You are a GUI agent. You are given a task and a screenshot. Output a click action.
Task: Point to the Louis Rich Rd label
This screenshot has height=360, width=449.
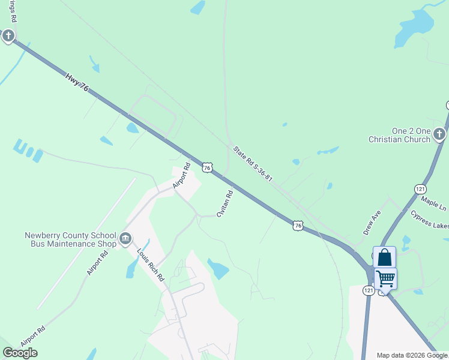(149, 265)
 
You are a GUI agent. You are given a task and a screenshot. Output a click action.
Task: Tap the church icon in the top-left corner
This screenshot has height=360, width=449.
(8, 37)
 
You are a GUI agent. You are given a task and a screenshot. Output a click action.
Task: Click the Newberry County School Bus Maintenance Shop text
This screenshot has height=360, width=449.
(70, 240)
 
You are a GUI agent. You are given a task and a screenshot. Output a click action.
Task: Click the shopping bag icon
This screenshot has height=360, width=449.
(384, 257)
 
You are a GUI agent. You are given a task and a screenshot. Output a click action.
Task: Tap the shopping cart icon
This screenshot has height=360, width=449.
(385, 278)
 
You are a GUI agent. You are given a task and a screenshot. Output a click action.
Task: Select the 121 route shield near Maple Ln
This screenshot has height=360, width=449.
(420, 189)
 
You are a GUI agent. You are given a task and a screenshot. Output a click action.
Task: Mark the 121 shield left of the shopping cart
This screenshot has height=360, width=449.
(368, 290)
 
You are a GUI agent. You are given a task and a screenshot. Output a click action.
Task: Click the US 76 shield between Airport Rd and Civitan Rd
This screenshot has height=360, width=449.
(207, 168)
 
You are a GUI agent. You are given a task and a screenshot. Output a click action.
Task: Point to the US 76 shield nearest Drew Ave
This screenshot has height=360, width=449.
(298, 225)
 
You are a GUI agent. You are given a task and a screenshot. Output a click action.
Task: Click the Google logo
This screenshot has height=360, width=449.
(20, 353)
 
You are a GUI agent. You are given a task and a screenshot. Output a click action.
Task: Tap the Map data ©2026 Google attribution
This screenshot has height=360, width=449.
(412, 355)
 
